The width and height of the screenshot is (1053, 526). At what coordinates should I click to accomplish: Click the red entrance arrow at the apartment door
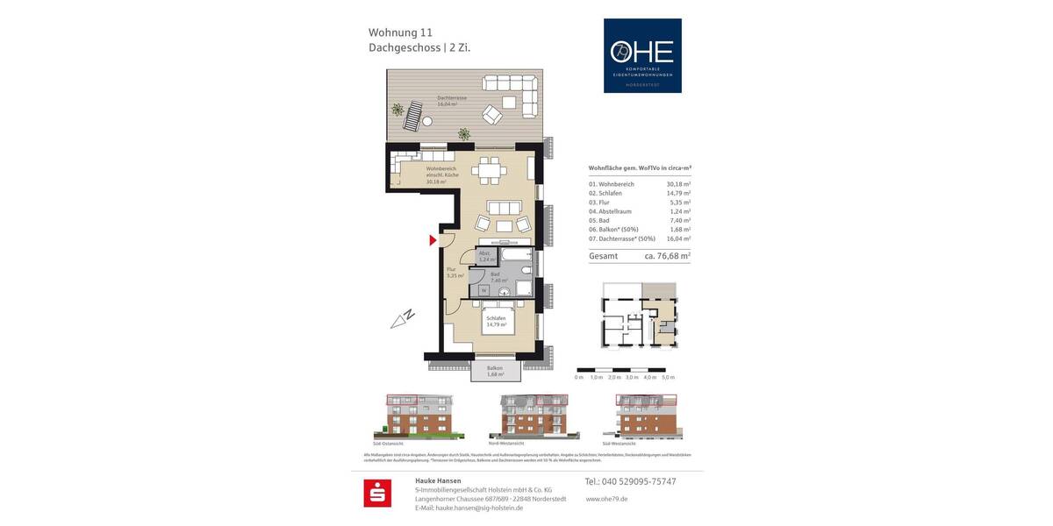click(432, 240)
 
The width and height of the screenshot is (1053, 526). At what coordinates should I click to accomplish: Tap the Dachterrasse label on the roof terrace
click(453, 100)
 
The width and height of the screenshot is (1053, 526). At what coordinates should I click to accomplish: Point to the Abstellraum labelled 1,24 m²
click(484, 256)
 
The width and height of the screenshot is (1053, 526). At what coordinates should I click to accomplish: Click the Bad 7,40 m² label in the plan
click(498, 277)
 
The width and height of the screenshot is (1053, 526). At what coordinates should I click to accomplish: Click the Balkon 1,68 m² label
click(495, 371)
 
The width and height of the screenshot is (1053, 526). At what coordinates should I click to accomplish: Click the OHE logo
click(641, 55)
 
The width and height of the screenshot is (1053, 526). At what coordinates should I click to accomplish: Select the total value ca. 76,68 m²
click(667, 256)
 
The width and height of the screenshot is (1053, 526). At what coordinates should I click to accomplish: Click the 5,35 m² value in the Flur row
click(678, 202)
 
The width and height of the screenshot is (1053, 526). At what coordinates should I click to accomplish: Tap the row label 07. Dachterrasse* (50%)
click(622, 238)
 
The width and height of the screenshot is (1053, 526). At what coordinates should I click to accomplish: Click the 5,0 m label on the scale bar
click(668, 377)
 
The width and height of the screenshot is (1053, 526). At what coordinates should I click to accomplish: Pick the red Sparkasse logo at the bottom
click(377, 494)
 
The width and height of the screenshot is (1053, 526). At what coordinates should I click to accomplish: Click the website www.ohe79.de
click(606, 499)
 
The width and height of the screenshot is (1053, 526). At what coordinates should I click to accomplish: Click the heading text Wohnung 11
click(399, 32)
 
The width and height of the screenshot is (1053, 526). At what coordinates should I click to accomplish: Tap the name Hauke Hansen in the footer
click(438, 480)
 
